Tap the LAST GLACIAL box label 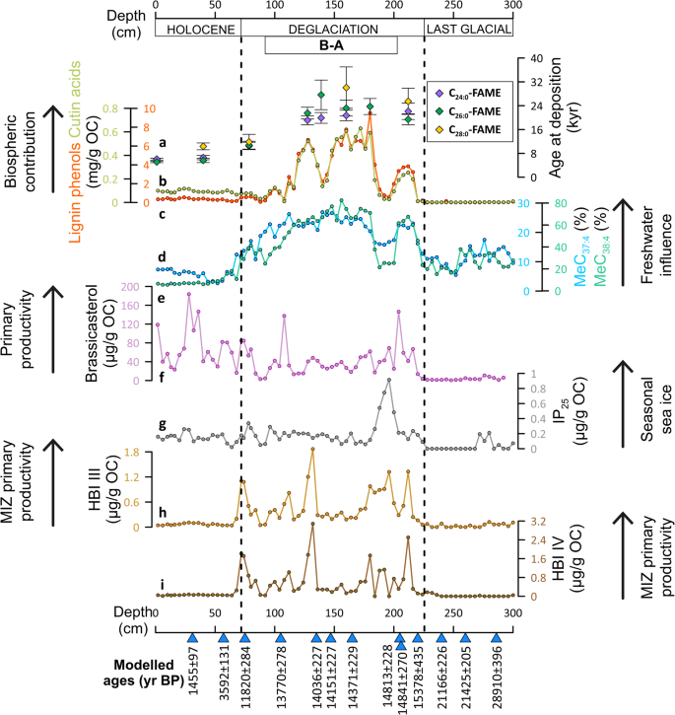[469, 30]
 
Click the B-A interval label [331, 45]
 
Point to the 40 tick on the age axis [538, 58]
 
